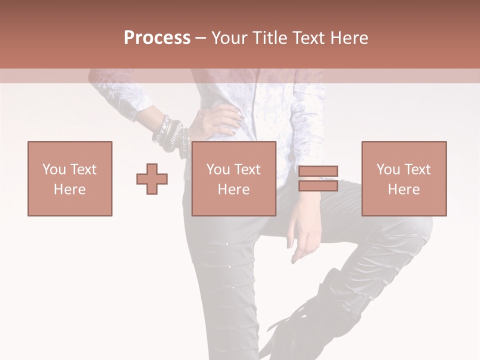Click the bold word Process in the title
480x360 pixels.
157,38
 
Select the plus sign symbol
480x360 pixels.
152,178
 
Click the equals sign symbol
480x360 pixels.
318,178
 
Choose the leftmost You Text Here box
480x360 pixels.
70,178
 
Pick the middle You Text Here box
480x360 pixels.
234,178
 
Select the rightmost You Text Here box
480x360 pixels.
404,178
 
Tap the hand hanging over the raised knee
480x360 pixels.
306,235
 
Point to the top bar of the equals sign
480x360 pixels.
318,171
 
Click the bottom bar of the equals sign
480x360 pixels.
318,185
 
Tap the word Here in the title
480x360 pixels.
348,38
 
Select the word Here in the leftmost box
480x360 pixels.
70,189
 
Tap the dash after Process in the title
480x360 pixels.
201,38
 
